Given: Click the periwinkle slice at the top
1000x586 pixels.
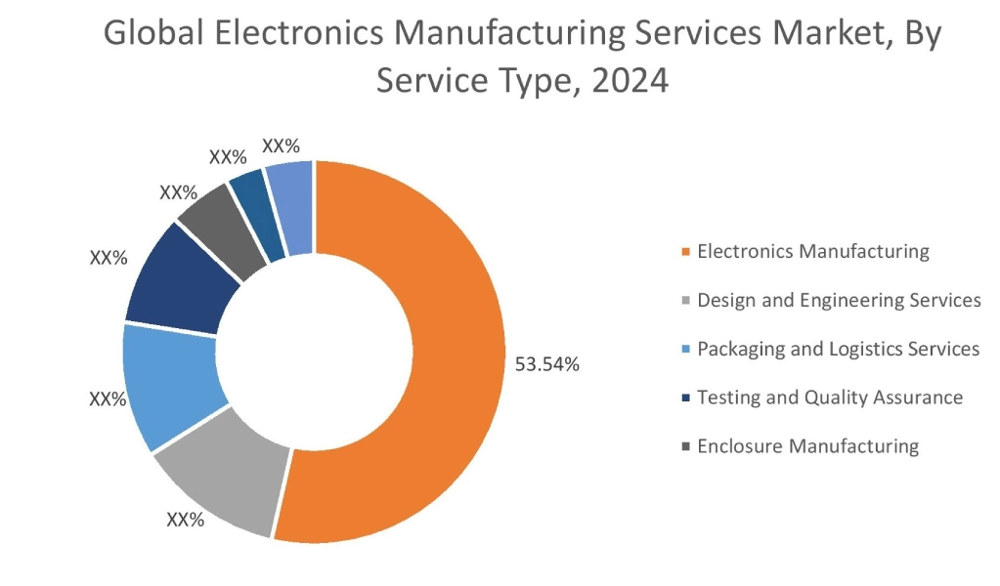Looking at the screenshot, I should [292, 207].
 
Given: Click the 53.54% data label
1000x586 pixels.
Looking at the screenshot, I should [547, 365].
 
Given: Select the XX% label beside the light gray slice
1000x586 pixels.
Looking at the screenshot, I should [185, 520].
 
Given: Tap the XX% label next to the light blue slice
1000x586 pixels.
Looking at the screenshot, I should [108, 399].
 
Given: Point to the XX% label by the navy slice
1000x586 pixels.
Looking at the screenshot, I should [109, 258].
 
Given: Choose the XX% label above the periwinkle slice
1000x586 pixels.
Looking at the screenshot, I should [281, 146].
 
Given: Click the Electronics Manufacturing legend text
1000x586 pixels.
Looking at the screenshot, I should [812, 251].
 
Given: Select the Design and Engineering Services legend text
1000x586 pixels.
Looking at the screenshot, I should [839, 300].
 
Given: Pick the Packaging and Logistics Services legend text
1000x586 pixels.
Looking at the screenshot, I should [838, 349].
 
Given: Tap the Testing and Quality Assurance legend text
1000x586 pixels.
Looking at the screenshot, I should [830, 398].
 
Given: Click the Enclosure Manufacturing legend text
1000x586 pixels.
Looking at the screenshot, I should [807, 446].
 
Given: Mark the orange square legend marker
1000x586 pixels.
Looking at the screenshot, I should [686, 253].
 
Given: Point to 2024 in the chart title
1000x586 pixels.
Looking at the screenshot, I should [630, 81].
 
